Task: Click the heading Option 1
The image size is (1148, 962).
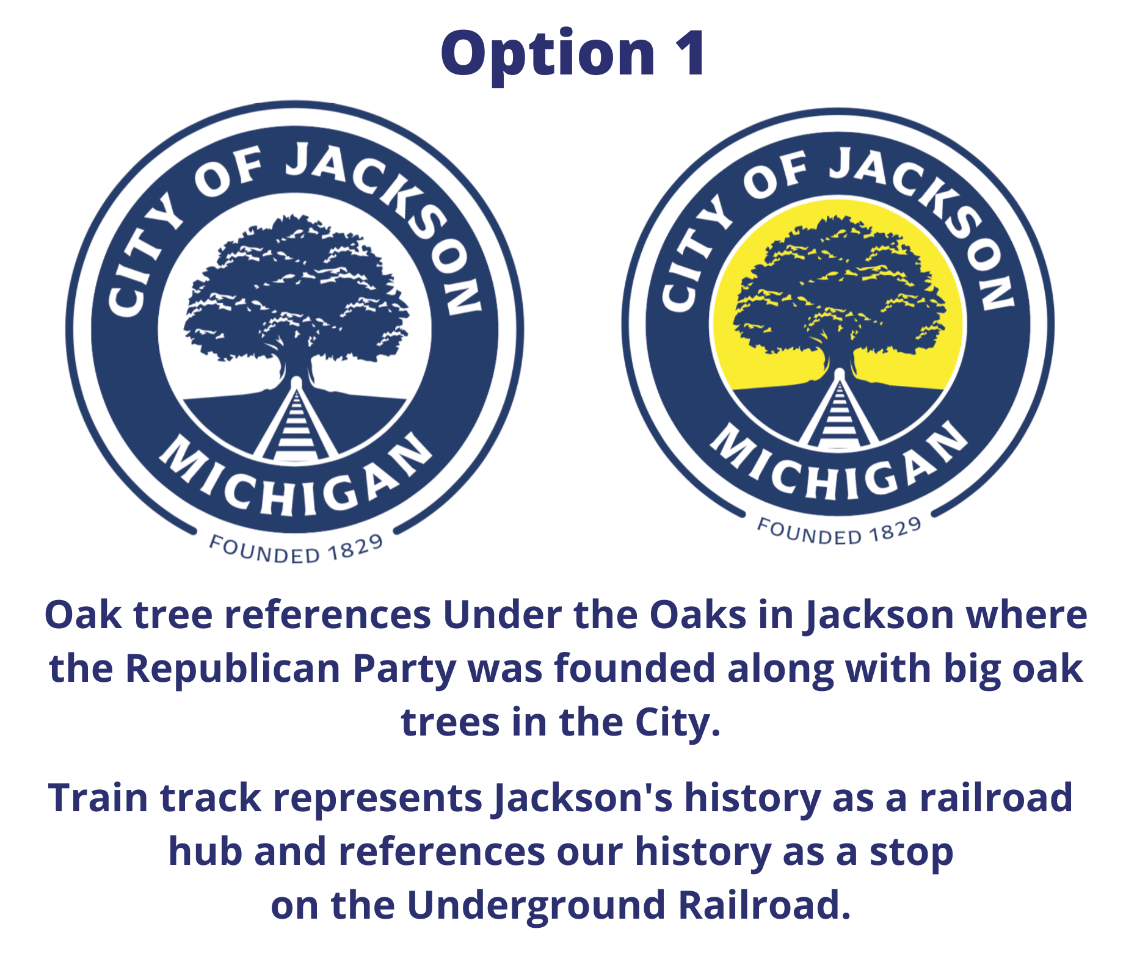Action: [573, 54]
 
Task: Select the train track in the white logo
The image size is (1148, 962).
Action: [296, 421]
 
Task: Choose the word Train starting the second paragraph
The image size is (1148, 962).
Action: [98, 798]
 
